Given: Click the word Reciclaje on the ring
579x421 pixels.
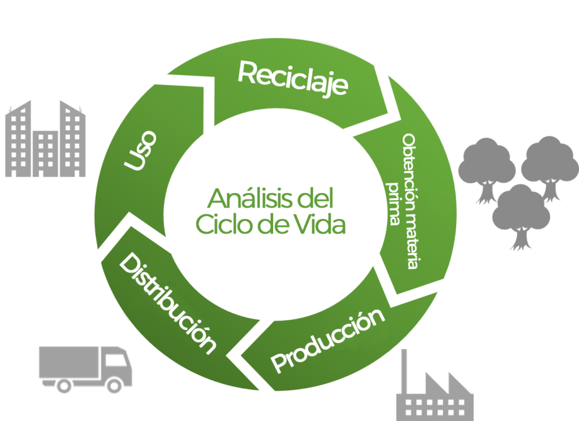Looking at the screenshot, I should [x=292, y=79].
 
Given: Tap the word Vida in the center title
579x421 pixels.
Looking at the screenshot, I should [x=320, y=225].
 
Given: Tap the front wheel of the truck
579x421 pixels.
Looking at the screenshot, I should [x=115, y=385].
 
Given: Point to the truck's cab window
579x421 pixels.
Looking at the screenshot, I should [x=116, y=359].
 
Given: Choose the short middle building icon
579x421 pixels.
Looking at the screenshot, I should [x=45, y=153].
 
